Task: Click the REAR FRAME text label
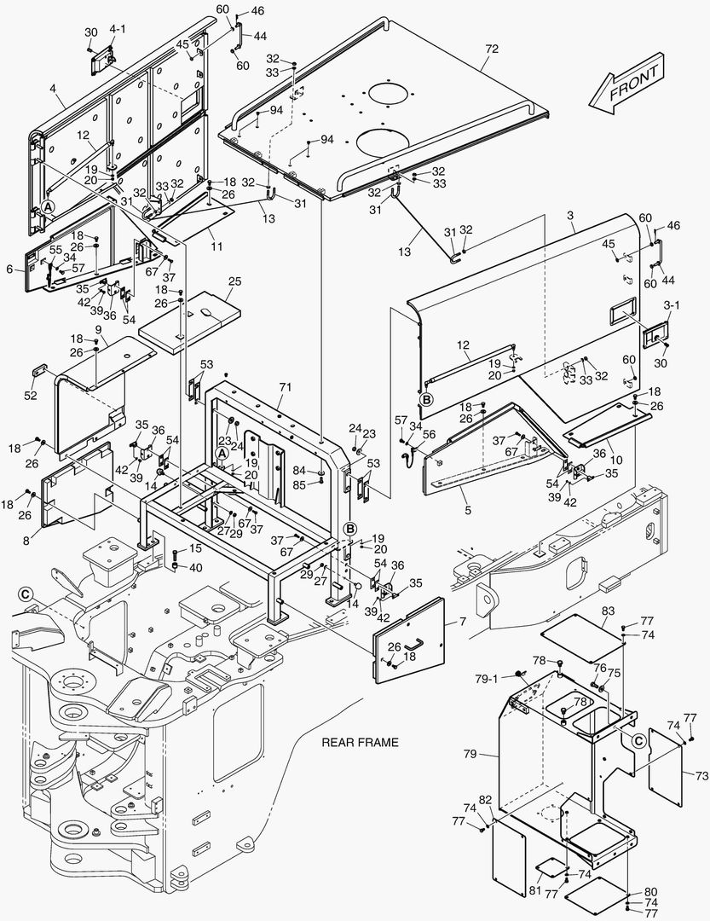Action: [x=360, y=743]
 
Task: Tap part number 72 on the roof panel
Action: [x=492, y=49]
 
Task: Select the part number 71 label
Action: [x=286, y=387]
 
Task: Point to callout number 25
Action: [x=234, y=281]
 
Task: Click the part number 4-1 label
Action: [x=118, y=29]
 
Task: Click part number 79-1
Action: [x=486, y=679]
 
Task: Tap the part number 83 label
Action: [x=608, y=611]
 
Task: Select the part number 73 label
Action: [x=701, y=776]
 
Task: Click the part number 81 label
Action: [x=534, y=890]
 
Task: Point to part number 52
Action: [x=31, y=396]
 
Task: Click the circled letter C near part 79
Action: [x=639, y=741]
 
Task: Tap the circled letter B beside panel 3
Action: [x=427, y=399]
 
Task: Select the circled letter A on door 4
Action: [x=48, y=206]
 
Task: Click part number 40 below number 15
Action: [x=195, y=567]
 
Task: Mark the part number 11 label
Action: [x=216, y=246]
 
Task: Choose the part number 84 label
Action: [x=299, y=471]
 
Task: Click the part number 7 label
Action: [x=463, y=621]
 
